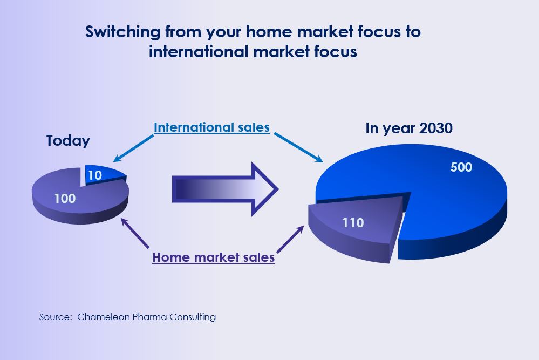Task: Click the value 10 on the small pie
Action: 95,175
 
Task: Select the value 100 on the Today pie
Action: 65,199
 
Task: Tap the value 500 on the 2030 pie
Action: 461,167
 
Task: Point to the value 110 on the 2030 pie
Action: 353,223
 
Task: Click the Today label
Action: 68,141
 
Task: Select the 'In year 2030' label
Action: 409,128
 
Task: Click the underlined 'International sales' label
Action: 211,127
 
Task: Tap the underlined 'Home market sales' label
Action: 214,257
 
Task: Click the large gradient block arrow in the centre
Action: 225,189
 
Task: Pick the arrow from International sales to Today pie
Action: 133,148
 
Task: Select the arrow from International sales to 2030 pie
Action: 298,147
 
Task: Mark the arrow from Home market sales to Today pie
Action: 135,233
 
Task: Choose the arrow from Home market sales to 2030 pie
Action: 290,239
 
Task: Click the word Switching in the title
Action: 122,32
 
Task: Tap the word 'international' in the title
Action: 199,52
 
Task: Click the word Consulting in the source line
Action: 193,317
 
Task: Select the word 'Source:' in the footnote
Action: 56,317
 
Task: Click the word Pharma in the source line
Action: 149,317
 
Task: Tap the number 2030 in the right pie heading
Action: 436,128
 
